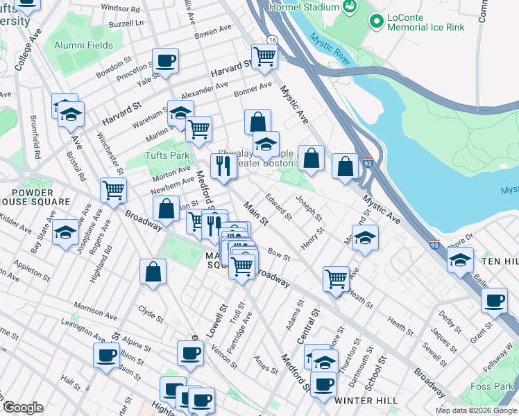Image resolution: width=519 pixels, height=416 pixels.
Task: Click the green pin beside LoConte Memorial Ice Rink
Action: pyautogui.click(x=377, y=21)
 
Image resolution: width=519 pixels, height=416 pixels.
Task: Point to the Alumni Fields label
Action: pyautogui.click(x=83, y=45)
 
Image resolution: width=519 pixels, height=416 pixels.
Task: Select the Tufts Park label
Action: pyautogui.click(x=167, y=155)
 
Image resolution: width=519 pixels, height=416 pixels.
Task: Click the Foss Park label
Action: pyautogui.click(x=493, y=386)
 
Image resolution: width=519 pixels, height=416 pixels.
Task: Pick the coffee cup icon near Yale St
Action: pyautogui.click(x=165, y=61)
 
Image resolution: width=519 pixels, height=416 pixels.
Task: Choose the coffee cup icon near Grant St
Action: pyautogui.click(x=495, y=301)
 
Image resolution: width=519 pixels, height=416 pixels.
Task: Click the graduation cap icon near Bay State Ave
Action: pyautogui.click(x=66, y=233)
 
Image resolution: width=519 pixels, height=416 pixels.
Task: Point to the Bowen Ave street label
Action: pyautogui.click(x=212, y=33)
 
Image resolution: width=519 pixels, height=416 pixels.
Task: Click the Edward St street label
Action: pyautogui.click(x=277, y=208)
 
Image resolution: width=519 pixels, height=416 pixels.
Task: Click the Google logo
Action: pyautogui.click(x=23, y=408)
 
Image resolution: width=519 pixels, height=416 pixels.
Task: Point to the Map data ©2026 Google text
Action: pyautogui.click(x=476, y=410)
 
